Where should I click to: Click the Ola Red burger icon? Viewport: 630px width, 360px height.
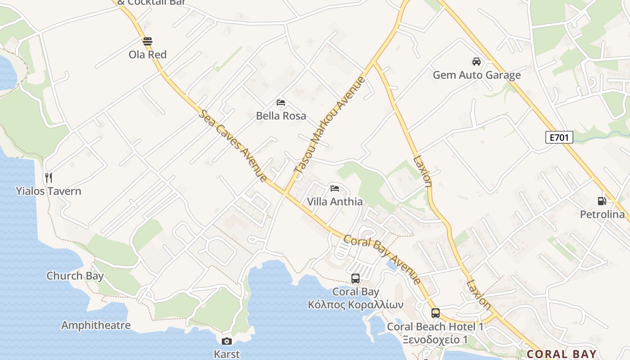coord(148,42)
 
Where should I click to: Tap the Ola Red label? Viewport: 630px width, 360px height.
coord(148,55)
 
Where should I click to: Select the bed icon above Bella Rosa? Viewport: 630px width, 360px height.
coord(281,103)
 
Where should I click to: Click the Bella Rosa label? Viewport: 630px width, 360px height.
coord(281,116)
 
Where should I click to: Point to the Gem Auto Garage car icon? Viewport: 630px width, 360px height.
coord(476,62)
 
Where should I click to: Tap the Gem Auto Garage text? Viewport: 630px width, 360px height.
coord(477,75)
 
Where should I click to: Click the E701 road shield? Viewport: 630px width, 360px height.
coord(559,137)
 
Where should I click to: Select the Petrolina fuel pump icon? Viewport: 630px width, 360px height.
coord(602,201)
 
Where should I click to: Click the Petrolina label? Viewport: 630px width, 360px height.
coord(602,214)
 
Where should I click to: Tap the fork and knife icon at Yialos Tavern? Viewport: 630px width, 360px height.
coord(49,178)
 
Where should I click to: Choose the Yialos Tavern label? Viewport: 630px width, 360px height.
coord(49,191)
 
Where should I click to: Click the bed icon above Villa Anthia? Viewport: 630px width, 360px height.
coord(334,188)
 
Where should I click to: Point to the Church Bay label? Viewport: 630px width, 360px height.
coord(75,276)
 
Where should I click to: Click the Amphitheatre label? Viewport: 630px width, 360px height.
coord(96,325)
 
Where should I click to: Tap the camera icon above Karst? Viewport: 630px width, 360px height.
coord(227,341)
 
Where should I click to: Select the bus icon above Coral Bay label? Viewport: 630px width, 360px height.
coord(355,279)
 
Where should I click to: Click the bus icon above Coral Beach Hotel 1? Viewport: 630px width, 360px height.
coord(435,313)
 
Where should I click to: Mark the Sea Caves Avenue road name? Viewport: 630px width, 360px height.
coord(233,145)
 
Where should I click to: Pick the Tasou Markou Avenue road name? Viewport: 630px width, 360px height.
coord(329,125)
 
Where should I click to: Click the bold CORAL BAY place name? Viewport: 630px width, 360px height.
coord(562,354)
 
